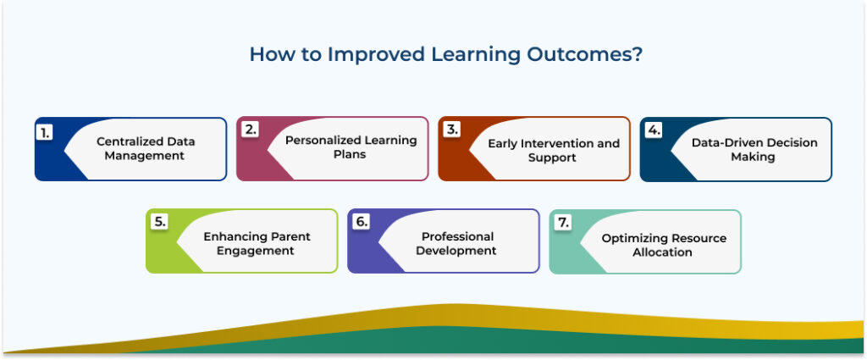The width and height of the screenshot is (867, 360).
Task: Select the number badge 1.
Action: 45,131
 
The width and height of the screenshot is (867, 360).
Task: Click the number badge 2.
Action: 250,130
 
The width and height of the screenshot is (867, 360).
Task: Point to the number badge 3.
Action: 451,130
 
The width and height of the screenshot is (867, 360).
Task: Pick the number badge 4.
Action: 653,130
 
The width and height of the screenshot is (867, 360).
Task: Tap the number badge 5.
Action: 159,222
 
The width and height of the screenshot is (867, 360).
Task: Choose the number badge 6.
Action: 362,222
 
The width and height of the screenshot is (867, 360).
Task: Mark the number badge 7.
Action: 563,223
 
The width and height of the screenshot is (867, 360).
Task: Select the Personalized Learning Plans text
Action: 351,147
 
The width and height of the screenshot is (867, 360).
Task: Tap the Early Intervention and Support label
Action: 554,150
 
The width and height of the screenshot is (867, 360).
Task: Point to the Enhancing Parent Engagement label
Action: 257,243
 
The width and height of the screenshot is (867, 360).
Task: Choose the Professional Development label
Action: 456,243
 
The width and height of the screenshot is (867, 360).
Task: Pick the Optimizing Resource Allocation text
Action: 664,245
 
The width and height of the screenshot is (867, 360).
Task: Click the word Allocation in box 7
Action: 662,252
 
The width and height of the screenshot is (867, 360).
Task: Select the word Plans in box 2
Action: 350,155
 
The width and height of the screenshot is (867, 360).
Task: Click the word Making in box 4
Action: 753,157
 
